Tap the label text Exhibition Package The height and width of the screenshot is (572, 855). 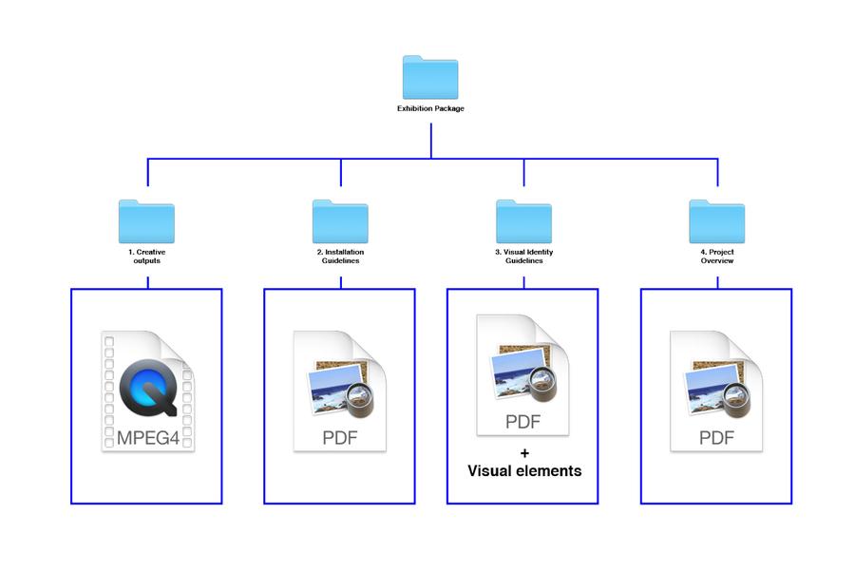[x=430, y=108]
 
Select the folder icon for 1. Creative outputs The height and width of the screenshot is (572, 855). [x=147, y=222]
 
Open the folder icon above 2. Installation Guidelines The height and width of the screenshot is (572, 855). [x=340, y=222]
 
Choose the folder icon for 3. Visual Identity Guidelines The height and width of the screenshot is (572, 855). [x=523, y=222]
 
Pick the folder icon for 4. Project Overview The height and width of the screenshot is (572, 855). [x=717, y=222]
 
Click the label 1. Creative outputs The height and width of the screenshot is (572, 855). [x=147, y=256]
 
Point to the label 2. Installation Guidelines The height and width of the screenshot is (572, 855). [x=340, y=256]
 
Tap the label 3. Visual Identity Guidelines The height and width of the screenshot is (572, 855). [x=523, y=256]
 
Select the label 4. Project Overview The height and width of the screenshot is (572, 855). [x=717, y=256]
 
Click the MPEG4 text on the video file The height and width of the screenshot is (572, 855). [x=147, y=439]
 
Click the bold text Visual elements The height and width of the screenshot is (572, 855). [x=524, y=470]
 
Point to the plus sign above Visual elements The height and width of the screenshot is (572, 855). [x=524, y=453]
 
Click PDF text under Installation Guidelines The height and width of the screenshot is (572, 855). [x=340, y=438]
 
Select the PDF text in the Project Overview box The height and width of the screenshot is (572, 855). [x=717, y=438]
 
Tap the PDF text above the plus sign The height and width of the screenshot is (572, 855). [x=522, y=421]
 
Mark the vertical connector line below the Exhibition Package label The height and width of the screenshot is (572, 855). [x=430, y=138]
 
